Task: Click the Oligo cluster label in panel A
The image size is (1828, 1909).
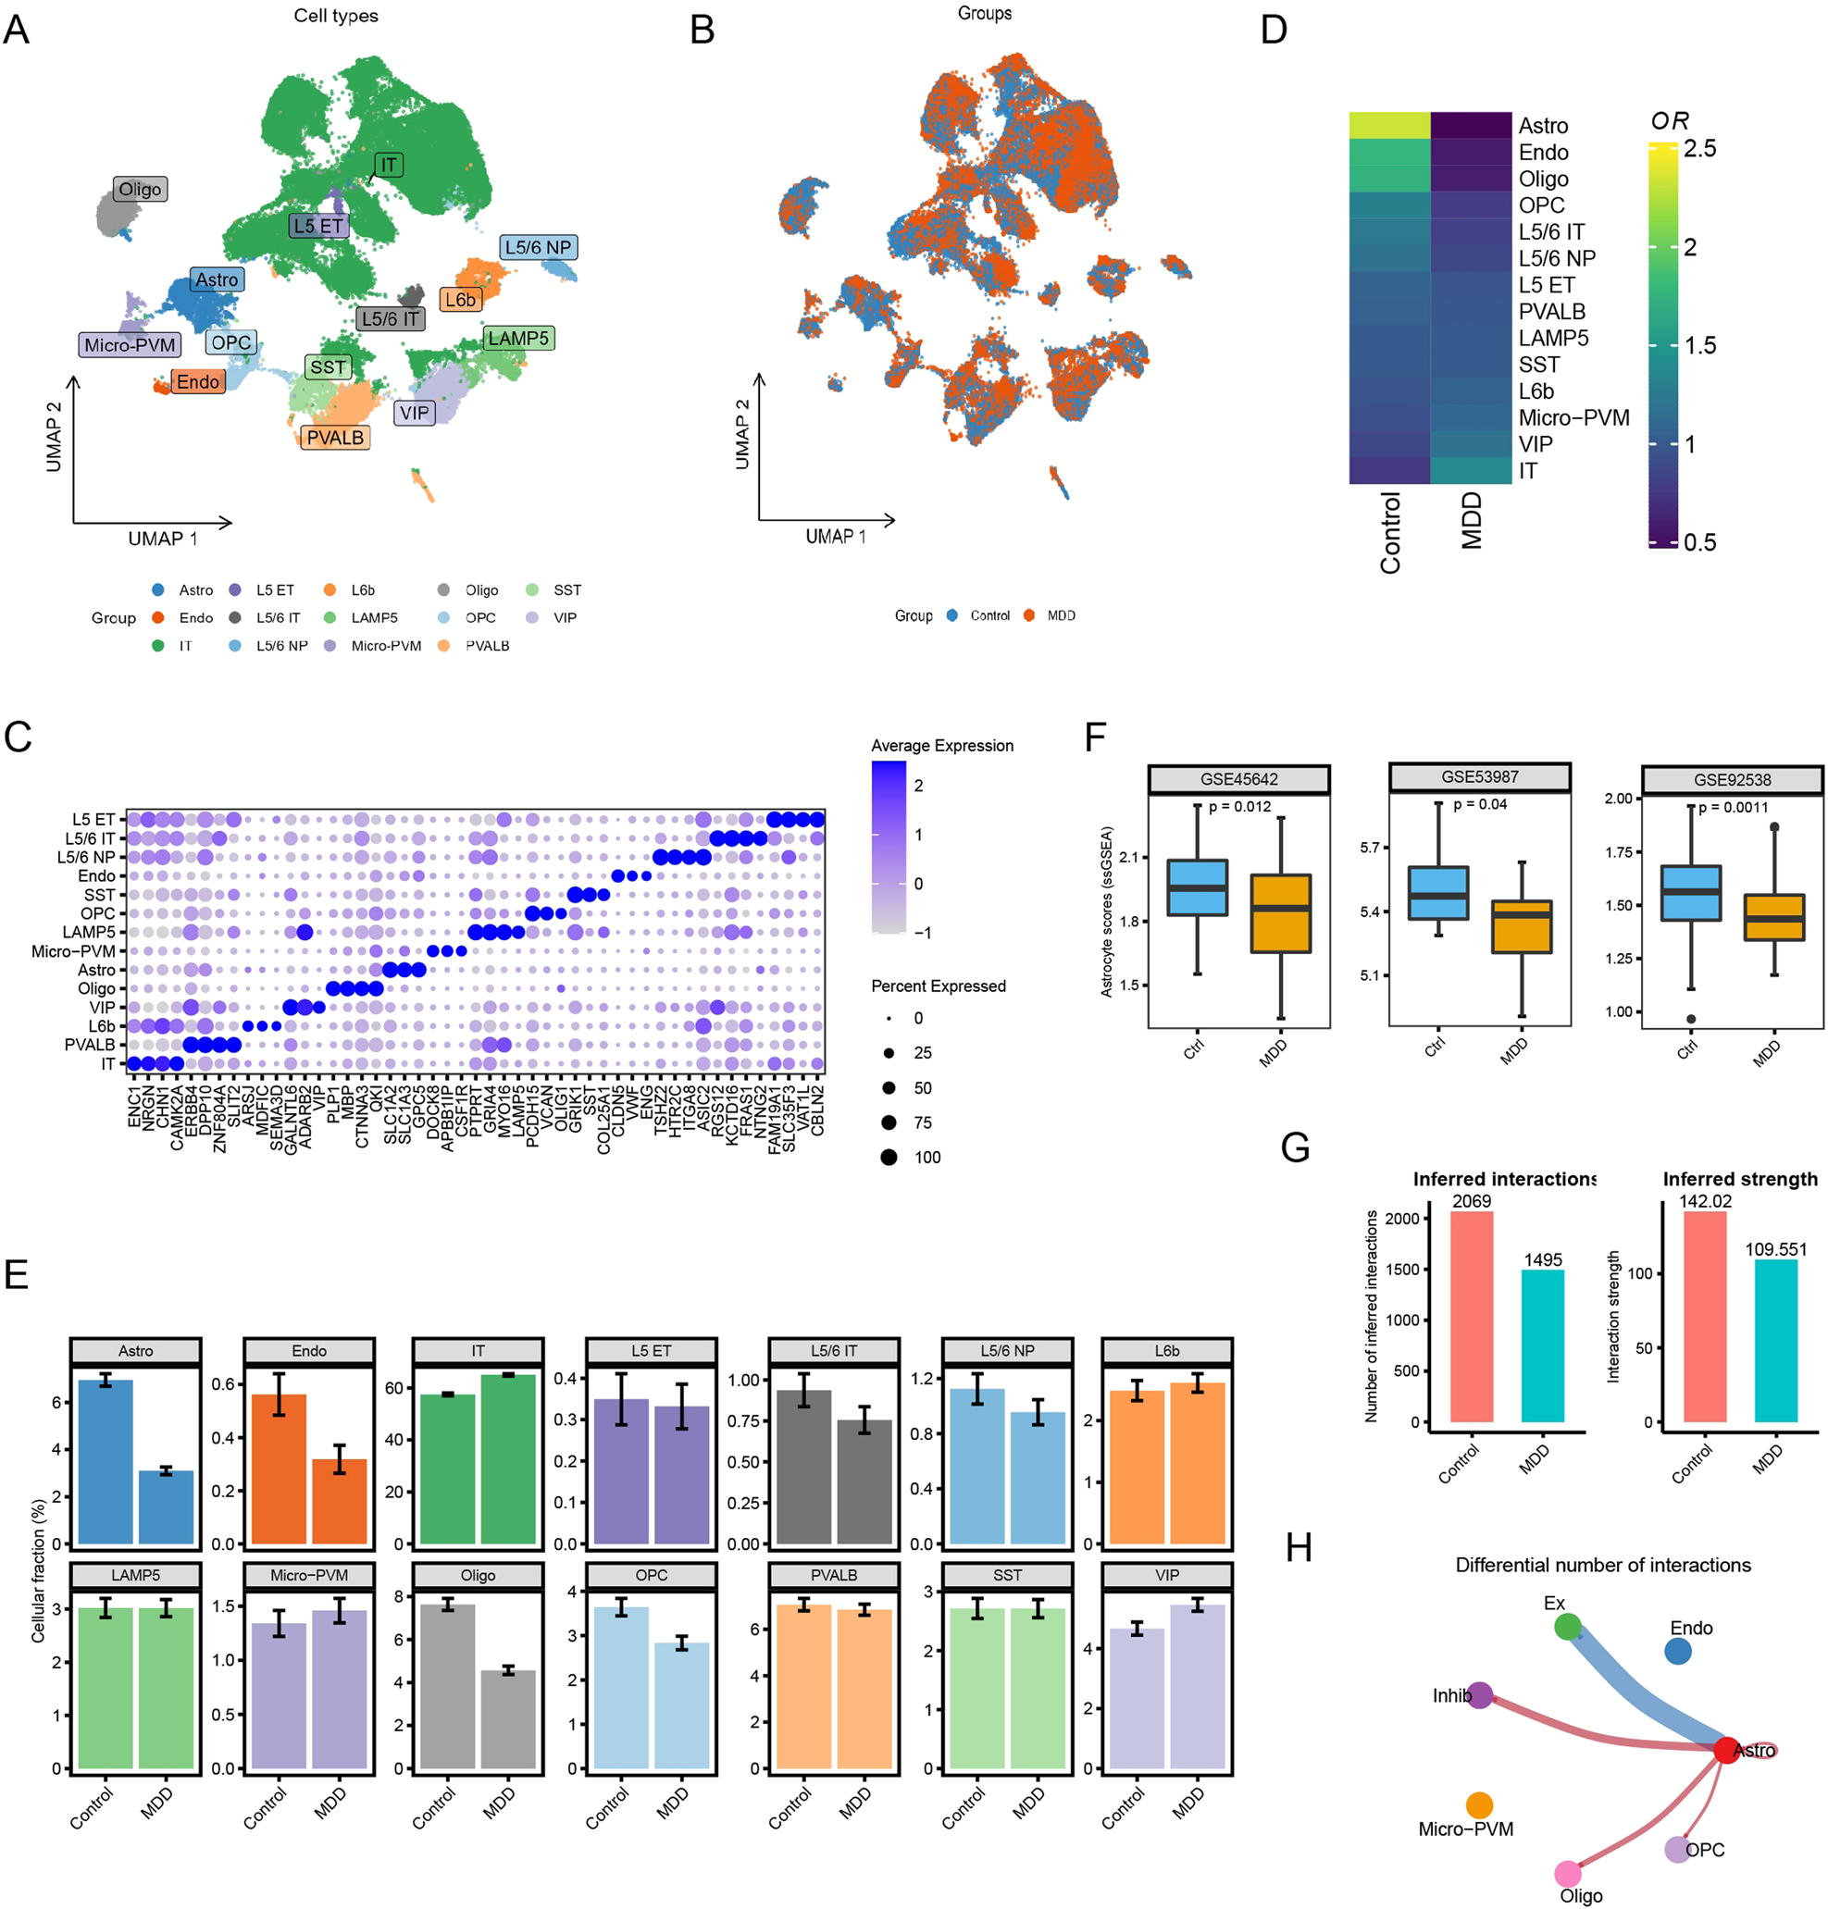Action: tap(141, 189)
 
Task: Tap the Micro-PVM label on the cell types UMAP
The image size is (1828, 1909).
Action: tap(130, 345)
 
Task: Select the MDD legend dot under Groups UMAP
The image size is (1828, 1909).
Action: tap(1029, 615)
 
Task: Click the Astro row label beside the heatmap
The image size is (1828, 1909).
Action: tap(1543, 126)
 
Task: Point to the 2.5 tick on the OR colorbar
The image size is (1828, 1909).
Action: tap(1699, 149)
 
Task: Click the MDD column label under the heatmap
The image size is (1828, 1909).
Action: tap(1472, 520)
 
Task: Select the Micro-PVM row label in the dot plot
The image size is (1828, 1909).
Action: tap(73, 951)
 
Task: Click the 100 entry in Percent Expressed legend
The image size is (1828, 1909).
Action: tap(926, 1157)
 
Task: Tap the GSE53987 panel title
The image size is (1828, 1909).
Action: tap(1479, 777)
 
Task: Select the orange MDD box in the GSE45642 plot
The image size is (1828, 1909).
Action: tap(1280, 912)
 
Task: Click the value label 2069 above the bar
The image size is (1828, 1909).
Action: tap(1472, 1201)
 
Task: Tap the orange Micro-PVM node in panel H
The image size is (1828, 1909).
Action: tap(1479, 1804)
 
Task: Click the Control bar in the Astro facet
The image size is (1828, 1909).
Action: tap(106, 1461)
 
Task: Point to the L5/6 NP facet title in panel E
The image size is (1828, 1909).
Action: tap(1007, 1351)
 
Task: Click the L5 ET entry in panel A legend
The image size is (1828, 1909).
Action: tap(275, 590)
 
